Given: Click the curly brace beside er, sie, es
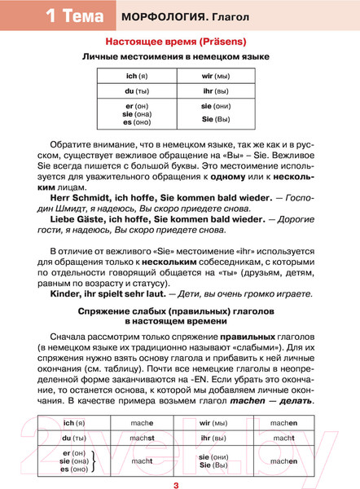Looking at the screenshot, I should [94, 461].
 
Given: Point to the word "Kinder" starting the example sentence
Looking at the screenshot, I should [68, 292].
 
